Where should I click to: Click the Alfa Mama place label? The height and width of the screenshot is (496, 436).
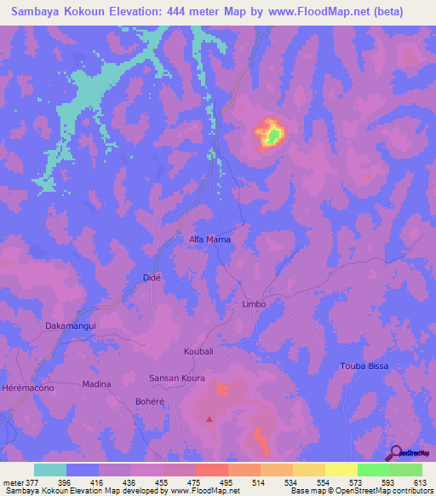(209, 239)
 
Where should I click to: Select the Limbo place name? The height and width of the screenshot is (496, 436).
(254, 303)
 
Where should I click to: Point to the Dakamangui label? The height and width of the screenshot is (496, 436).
(71, 326)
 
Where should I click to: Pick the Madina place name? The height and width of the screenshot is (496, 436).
(96, 384)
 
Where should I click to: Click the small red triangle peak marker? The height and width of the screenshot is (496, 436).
(209, 418)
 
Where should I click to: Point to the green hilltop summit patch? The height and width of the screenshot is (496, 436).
(272, 134)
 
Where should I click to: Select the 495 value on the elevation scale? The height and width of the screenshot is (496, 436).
(226, 482)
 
